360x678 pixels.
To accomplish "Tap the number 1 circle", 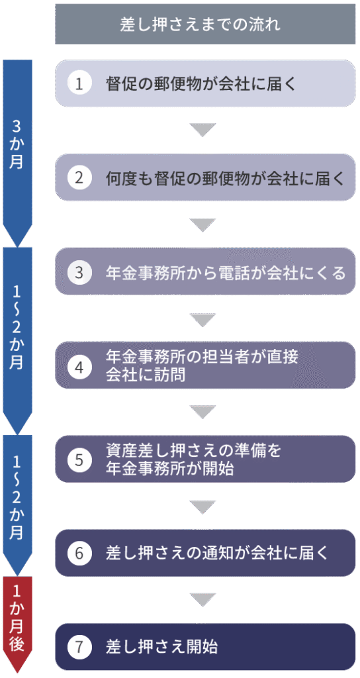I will pos(79,83).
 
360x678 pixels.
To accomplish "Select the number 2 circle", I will pos(79,177).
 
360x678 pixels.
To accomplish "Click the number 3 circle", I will pos(79,272).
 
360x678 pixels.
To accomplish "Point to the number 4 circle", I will pos(79,366).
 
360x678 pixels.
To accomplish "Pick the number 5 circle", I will pos(79,460).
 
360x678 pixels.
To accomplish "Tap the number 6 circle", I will pos(79,554).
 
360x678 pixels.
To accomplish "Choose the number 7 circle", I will pos(79,647).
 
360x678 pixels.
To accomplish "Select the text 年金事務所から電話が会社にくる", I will pos(226,272).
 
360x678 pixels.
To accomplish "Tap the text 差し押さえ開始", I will pos(161,647).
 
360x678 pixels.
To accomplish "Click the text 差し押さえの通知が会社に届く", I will pos(217,554).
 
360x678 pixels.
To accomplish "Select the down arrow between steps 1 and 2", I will pos(202,130).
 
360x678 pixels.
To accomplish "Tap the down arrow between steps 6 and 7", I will pos(202,600).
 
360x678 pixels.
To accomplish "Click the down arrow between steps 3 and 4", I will pos(202,319).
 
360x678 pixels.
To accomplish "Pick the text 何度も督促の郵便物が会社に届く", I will pos(226,177).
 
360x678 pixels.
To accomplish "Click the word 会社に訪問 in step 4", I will pos(145,375).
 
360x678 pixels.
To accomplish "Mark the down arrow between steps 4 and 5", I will pos(202,412).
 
